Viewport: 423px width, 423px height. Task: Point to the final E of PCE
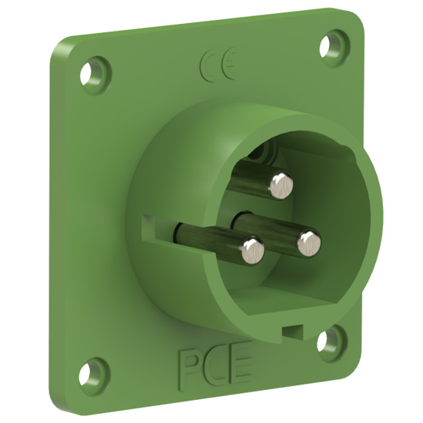(x=241, y=368)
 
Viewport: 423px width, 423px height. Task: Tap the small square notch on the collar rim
(x=290, y=331)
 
